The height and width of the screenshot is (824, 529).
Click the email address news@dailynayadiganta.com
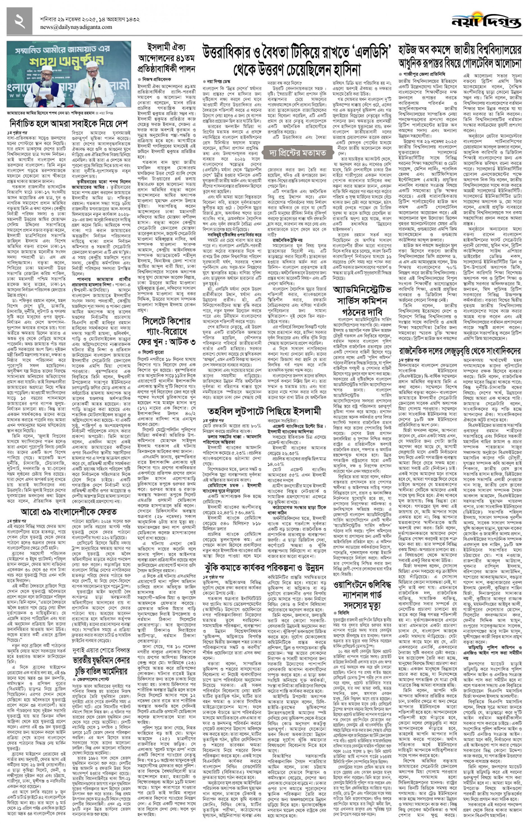[x=76, y=27]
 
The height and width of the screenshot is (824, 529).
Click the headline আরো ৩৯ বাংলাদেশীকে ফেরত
[x=68, y=512]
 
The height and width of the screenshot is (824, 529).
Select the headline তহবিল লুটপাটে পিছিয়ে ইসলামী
[x=264, y=412]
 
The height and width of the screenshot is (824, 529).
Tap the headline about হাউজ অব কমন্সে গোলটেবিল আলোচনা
[x=460, y=57]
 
